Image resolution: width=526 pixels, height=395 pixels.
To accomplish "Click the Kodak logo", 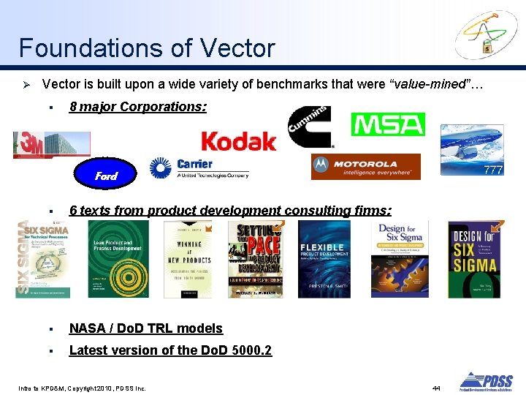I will point(238,140).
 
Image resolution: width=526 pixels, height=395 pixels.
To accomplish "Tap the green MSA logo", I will point(387,124).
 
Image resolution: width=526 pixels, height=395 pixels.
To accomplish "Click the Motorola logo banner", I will point(365,167).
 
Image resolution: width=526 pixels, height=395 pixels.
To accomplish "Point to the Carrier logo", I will point(199,168).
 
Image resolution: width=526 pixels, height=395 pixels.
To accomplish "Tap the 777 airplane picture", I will point(471,151).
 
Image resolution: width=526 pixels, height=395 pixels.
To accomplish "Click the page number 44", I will point(436,387).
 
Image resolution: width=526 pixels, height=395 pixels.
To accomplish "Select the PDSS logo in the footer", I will point(486,383).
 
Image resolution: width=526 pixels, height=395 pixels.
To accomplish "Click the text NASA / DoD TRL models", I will point(145,328).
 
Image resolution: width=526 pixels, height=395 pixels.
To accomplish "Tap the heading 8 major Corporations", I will point(137,107).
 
